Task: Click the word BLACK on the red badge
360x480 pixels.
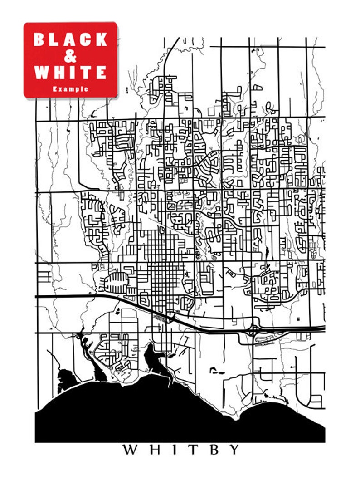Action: click(x=70, y=39)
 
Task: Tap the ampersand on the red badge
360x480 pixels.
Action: click(x=70, y=56)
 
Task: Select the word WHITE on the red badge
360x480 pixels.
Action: click(x=70, y=73)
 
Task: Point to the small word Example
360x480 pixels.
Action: click(x=70, y=89)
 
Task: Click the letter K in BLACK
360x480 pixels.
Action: click(x=101, y=39)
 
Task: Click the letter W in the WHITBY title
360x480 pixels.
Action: click(x=131, y=450)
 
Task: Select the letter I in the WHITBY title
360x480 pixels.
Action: click(x=175, y=450)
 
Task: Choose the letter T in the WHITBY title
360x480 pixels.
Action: click(x=193, y=450)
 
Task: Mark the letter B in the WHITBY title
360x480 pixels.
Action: click(x=213, y=450)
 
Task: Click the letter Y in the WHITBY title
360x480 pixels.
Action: click(x=234, y=450)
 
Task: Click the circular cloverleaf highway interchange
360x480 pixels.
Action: click(x=253, y=330)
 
